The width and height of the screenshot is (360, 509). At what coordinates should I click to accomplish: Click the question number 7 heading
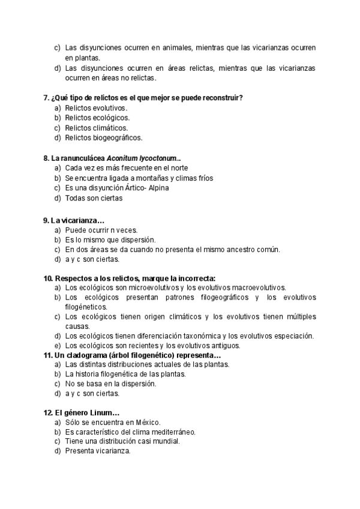pos(46,97)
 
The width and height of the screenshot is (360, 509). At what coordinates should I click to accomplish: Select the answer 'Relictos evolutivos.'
pos(96,107)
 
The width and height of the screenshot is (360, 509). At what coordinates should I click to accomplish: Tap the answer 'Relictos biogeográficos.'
pos(104,138)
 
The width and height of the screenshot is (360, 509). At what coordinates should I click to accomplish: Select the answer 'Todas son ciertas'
pos(94,198)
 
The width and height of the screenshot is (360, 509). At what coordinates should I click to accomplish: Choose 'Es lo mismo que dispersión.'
pos(110,239)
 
